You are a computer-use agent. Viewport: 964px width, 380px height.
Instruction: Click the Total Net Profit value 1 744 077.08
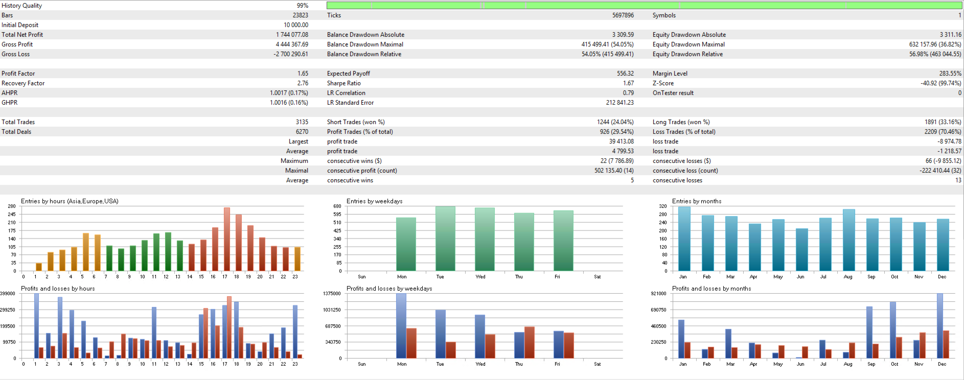[x=292, y=35]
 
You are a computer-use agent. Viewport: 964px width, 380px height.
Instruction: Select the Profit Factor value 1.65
[x=303, y=74]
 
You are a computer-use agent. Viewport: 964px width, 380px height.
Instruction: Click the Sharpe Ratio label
[x=343, y=83]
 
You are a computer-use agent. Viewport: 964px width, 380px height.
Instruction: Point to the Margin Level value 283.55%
[x=950, y=74]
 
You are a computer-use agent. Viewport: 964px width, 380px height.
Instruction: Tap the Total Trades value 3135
[x=302, y=122]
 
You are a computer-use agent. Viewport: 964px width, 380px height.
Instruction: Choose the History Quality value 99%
[x=302, y=6]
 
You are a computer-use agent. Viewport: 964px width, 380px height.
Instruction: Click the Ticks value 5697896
[x=623, y=15]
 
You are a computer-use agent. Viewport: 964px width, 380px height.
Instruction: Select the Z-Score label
[x=663, y=83]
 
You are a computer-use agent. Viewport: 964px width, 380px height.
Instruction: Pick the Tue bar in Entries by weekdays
[x=445, y=239]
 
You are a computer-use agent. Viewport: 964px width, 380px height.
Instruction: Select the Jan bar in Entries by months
[x=684, y=239]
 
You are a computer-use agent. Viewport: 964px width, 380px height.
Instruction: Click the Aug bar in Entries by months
[x=848, y=240]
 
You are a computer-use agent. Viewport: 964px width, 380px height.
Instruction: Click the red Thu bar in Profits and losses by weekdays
[x=529, y=342]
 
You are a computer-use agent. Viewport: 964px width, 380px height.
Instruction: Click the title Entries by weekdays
[x=374, y=201]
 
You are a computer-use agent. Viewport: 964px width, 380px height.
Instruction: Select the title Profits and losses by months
[x=711, y=289]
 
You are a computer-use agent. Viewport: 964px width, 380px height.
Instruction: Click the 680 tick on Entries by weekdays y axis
[x=337, y=206]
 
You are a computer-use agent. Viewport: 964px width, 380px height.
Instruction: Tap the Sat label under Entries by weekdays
[x=597, y=277]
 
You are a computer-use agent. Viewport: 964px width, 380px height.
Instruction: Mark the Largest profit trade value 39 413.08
[x=621, y=141]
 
